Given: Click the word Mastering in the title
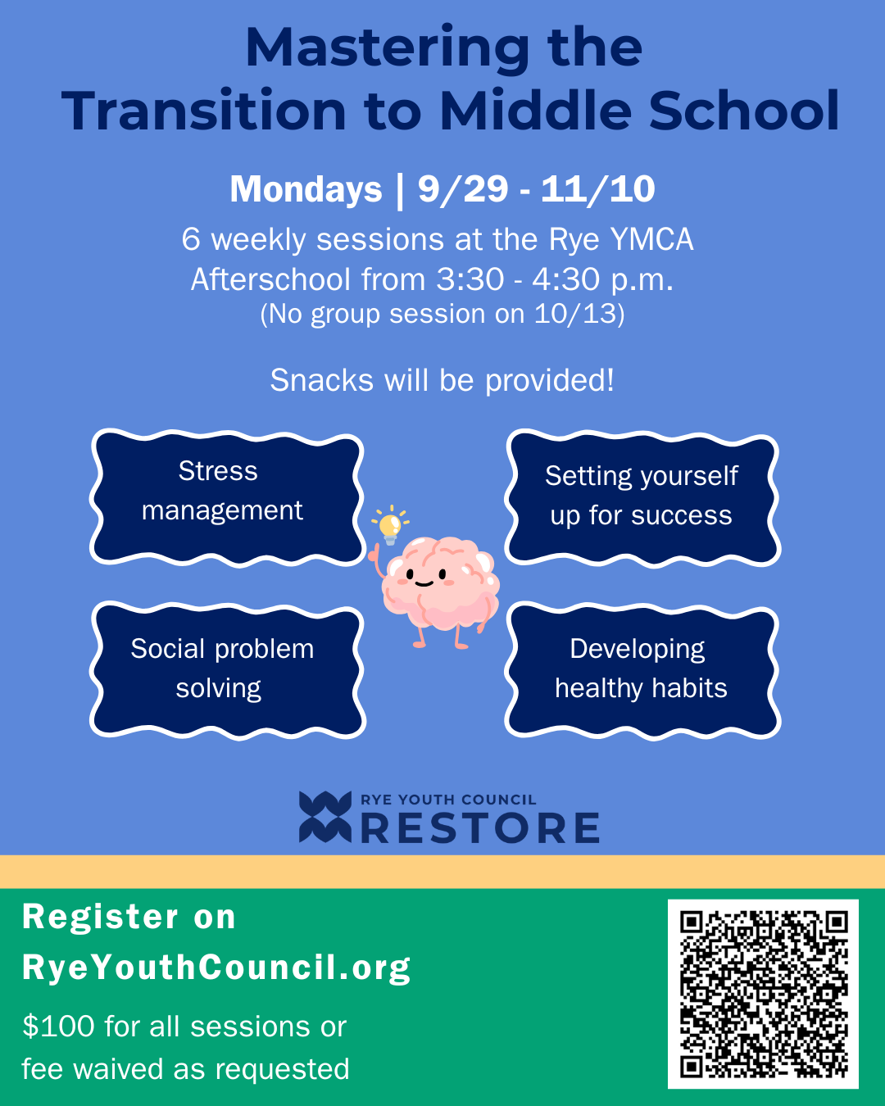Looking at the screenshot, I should tap(388, 48).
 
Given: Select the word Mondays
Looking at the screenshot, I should tap(306, 189).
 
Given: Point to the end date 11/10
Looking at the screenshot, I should tap(597, 189).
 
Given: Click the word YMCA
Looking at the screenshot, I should tap(651, 239).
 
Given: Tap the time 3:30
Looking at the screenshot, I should tap(470, 279).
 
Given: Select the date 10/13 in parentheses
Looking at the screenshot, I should tap(574, 314).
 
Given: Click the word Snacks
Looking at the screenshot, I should tap(311, 380).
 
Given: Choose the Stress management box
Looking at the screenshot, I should tap(226, 497).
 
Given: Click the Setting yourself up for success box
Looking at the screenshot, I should tap(642, 497).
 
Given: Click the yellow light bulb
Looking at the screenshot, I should tap(391, 524).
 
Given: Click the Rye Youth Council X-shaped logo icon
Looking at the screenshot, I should tap(324, 817).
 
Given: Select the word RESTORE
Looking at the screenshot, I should tap(480, 828).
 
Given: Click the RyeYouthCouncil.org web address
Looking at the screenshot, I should tap(216, 968).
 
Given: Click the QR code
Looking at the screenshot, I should tap(763, 994).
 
